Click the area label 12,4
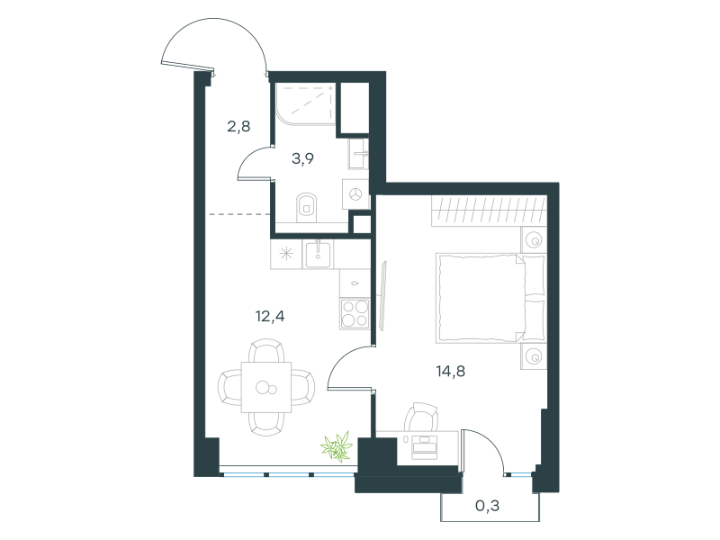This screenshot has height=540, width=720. coord(270,317)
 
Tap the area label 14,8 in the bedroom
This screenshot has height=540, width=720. coord(451,371)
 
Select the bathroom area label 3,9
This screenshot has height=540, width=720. coord(302,159)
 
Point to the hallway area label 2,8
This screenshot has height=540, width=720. coord(238,126)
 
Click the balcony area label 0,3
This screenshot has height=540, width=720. coord(487,506)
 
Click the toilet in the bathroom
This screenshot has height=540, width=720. coord(307,208)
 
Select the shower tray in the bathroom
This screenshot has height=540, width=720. coord(305,103)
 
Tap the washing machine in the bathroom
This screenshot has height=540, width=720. coord(355,194)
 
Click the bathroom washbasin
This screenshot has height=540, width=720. coord(358,154)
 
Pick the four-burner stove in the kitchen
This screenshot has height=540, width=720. coord(355,313)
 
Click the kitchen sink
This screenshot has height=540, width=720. coord(318,255)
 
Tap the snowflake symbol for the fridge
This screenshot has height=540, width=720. coord(286,254)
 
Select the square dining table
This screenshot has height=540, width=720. coord(266,387)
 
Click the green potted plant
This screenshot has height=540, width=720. coord(337,446)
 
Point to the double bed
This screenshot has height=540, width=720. coord(490,298)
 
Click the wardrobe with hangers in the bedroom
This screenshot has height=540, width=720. coord(489,211)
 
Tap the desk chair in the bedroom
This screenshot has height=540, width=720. coord(421,417)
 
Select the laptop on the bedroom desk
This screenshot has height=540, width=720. coord(424,446)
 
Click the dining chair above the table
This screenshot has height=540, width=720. coord(266,350)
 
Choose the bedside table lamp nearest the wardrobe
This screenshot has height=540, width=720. coord(534,239)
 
